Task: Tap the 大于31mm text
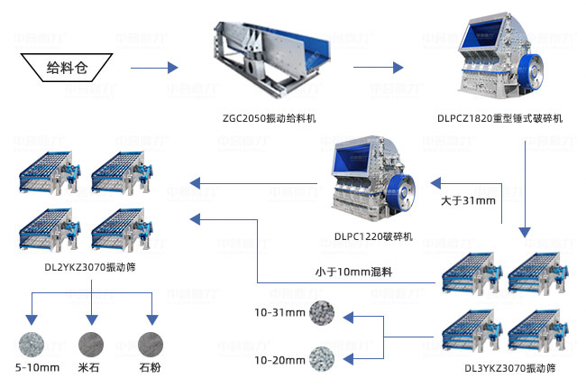[468, 200]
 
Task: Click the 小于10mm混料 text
[358, 272]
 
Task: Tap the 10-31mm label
[279, 312]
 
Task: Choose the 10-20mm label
[279, 359]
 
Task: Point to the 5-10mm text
[39, 367]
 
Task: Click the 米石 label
[89, 367]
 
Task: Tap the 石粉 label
[151, 367]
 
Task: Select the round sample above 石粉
[151, 342]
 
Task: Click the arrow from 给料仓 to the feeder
[154, 68]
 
